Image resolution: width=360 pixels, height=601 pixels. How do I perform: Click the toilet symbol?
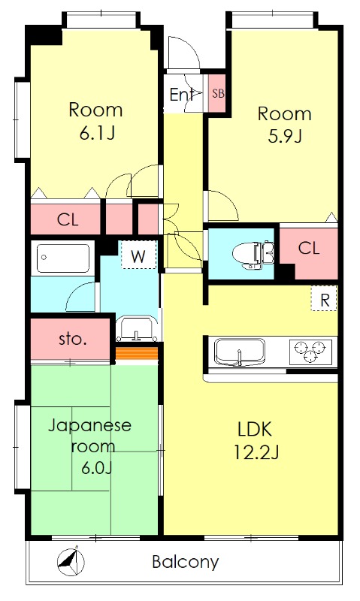253,254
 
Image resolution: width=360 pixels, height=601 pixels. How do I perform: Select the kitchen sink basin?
240,352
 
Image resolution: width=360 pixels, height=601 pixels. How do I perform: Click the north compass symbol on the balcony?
71,561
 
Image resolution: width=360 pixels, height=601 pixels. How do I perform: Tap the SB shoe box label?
218,93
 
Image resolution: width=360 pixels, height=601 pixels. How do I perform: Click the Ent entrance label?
181,95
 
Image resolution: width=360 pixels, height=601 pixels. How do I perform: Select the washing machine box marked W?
139,255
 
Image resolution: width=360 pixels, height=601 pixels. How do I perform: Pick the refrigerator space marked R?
325,299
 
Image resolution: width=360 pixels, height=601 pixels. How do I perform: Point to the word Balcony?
186,562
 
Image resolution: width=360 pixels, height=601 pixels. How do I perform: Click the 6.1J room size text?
98,133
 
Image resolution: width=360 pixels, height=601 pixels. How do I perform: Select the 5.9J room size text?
285,137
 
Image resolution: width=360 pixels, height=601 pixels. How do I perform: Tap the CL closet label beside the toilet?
309,248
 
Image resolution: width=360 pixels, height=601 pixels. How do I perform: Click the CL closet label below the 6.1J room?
68,219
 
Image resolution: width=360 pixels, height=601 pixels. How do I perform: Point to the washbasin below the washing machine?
137,329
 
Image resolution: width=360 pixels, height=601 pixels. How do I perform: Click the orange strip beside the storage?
137,353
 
